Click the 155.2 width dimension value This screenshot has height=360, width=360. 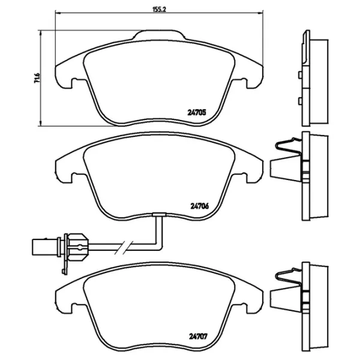(x=160, y=10)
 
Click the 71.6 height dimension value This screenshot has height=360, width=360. (x=37, y=78)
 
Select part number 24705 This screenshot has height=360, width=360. (x=197, y=113)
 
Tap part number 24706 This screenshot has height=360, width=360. (x=200, y=206)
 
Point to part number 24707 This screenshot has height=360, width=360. (x=198, y=337)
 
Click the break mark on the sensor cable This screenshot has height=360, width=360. (x=124, y=247)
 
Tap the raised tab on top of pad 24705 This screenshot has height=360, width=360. (x=160, y=34)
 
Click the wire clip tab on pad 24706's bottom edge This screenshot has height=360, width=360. (x=159, y=214)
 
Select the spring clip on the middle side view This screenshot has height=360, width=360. (x=288, y=147)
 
